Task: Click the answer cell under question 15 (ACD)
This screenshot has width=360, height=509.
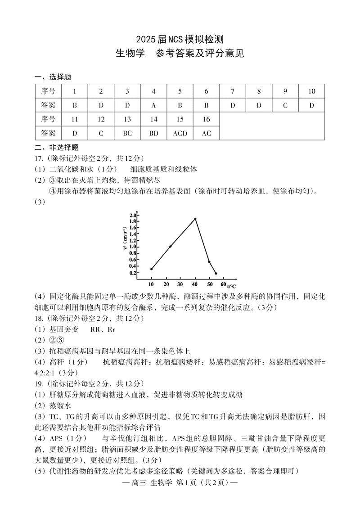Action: pos(180,133)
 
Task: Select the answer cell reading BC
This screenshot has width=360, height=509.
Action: pos(127,133)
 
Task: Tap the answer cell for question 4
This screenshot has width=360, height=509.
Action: pos(153,105)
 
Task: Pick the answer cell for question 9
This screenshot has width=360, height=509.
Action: pos(285,105)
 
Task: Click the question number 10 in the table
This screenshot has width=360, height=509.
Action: pos(311,91)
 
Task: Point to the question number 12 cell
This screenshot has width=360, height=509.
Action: pos(101,119)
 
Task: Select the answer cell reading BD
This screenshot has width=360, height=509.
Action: pos(153,133)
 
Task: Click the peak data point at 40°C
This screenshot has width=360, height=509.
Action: pos(195,219)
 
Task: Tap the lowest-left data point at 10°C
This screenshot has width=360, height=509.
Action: pos(151,269)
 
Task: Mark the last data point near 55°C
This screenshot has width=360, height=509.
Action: pos(216,274)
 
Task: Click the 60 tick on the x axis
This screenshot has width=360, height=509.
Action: pos(224,285)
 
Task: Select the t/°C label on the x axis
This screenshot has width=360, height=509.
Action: pos(232,286)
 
